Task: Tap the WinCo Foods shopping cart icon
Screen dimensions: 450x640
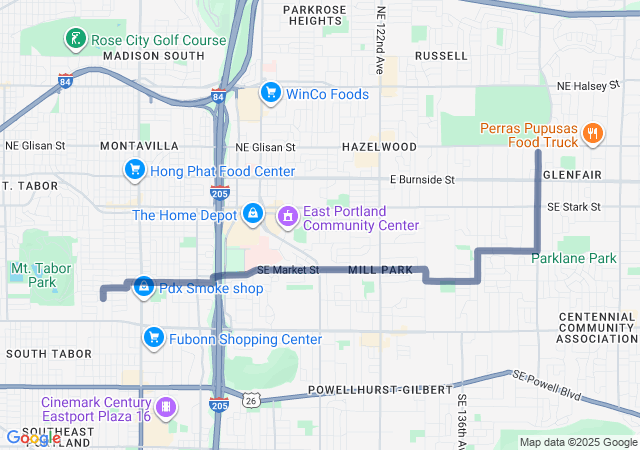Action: pos(270,94)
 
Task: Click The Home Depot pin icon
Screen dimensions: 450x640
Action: pos(254,214)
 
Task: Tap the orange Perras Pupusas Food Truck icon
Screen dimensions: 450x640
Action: pos(592,134)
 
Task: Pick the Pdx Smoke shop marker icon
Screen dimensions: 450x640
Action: pos(144,288)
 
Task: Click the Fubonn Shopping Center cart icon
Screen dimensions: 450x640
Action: pos(153,339)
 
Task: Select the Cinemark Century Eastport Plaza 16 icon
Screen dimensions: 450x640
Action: pos(166,408)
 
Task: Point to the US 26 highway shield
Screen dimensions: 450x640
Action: pos(251,400)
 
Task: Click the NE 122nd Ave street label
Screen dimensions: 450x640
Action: pos(380,40)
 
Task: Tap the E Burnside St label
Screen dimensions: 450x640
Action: pos(422,180)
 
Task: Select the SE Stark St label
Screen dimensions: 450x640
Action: pos(573,207)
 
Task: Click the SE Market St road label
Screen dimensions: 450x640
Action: pos(287,270)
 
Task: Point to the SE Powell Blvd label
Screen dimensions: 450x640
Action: pos(548,385)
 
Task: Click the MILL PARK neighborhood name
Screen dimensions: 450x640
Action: pos(380,271)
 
